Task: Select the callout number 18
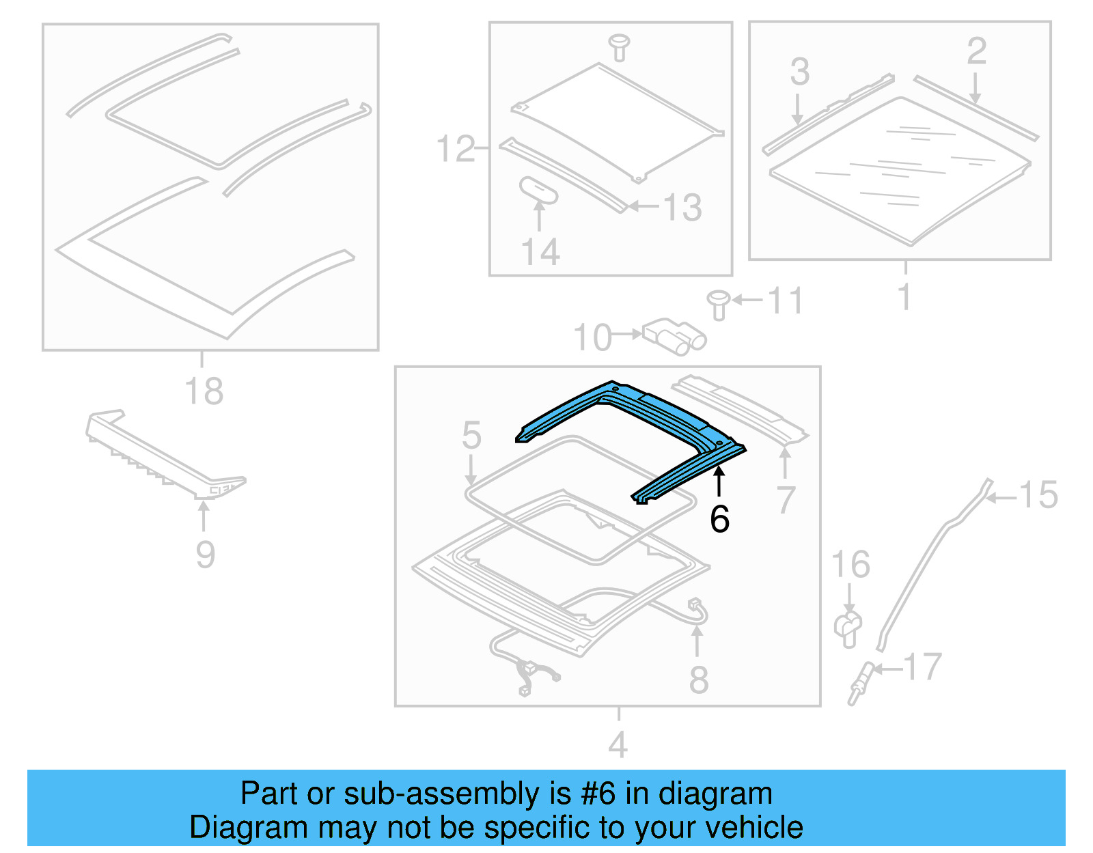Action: pos(204,391)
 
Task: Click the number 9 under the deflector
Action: pos(205,554)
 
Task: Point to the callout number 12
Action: pos(455,149)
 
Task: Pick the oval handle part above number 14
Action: pos(539,190)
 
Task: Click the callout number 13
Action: pos(682,207)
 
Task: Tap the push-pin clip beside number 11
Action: pos(718,304)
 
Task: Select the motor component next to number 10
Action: pos(673,336)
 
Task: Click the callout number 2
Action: pos(976,51)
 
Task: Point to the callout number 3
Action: pos(800,72)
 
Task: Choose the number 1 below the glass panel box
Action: pos(904,296)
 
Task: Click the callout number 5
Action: pos(471,435)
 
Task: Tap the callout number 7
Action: pos(786,500)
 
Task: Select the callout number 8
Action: pos(698,680)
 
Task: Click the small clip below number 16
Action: pos(848,628)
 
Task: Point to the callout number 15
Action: pos(1038,495)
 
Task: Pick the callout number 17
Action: pos(922,667)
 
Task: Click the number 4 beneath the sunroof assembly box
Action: pos(618,744)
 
